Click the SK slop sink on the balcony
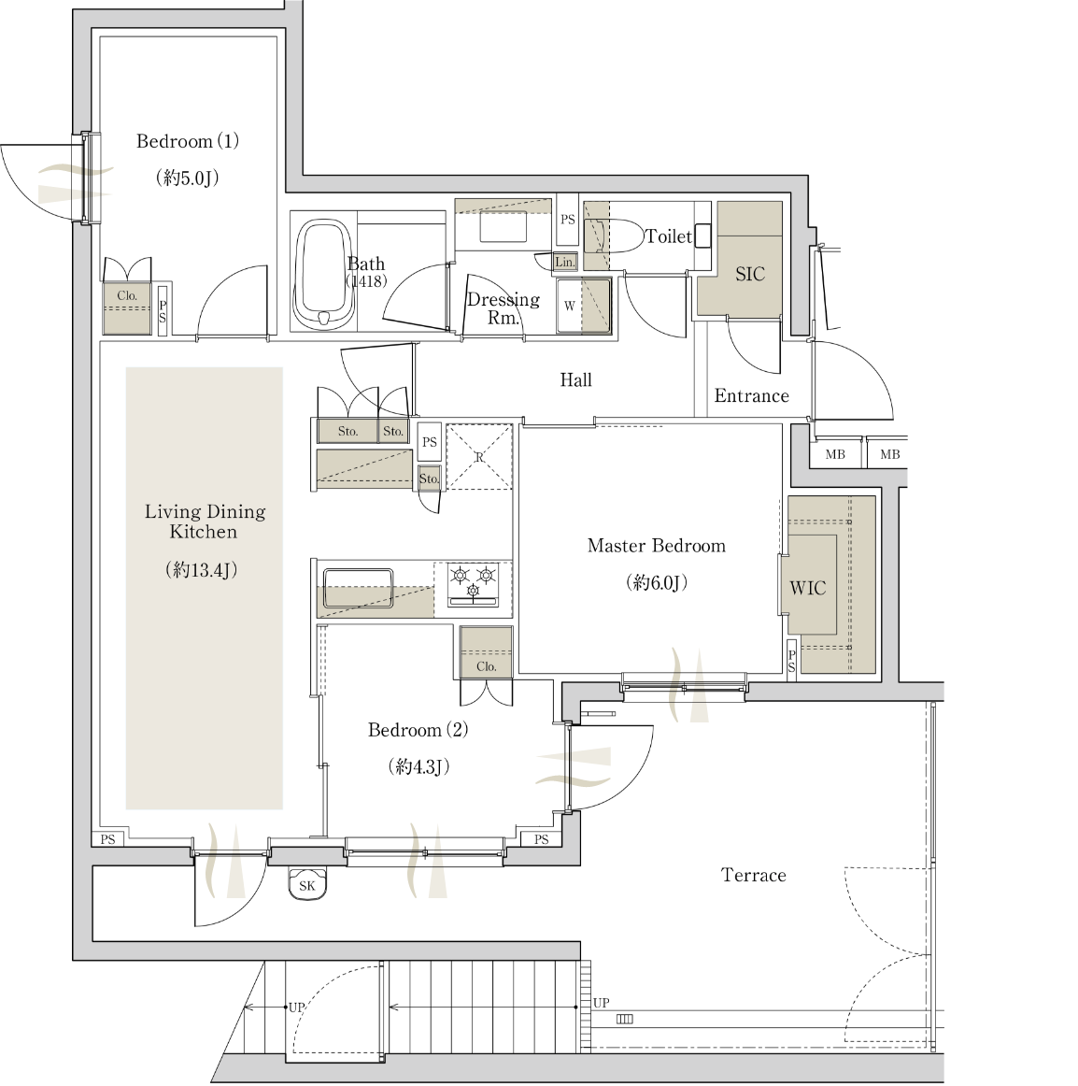[x=307, y=883]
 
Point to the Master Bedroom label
[x=657, y=546]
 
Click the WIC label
[x=807, y=588]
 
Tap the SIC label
[x=750, y=274]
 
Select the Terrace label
[x=753, y=875]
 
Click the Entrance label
[x=751, y=395]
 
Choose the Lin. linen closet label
[x=565, y=262]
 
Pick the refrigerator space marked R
[x=479, y=456]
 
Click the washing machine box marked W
[x=583, y=306]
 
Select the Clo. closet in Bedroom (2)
[x=486, y=652]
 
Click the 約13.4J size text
[x=202, y=570]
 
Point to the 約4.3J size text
[x=418, y=766]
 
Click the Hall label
[x=576, y=379]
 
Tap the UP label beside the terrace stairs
[x=601, y=1002]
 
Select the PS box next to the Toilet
[x=568, y=220]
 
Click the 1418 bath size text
[x=365, y=281]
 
